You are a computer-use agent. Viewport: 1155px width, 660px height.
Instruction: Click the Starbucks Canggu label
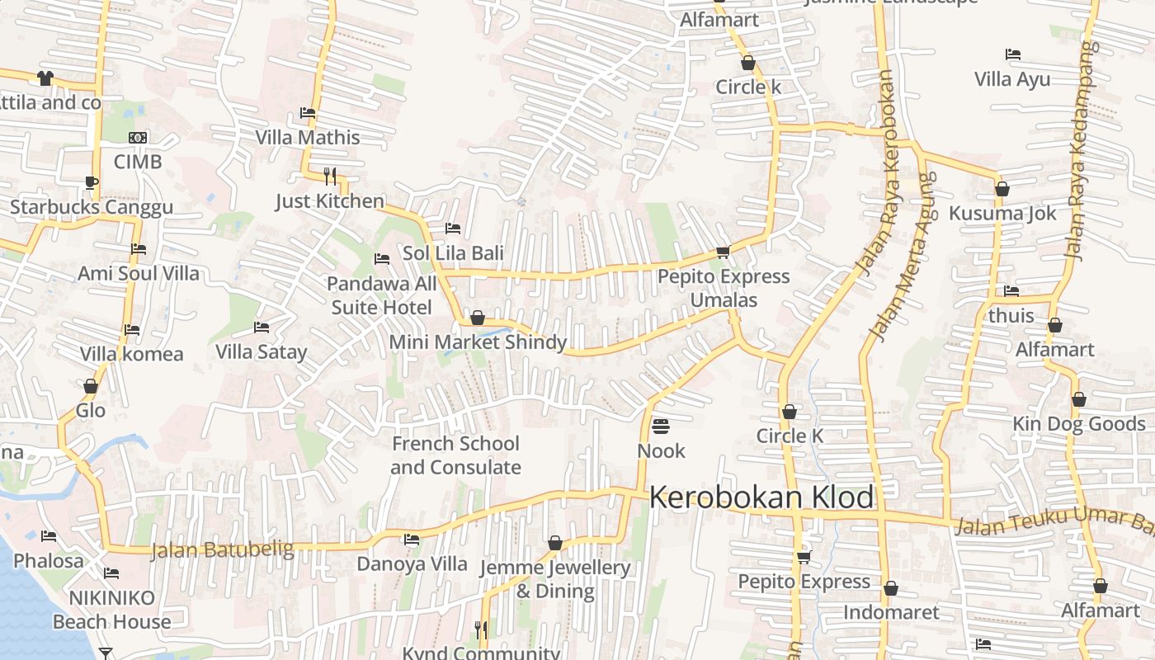tap(92, 207)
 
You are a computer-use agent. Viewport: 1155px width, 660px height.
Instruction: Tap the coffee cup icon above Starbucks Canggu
tap(91, 182)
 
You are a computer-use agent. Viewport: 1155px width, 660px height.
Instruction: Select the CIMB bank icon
tap(138, 137)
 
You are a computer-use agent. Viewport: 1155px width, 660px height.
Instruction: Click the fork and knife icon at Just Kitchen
tap(330, 176)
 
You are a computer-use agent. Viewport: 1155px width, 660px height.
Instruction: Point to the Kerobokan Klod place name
tap(761, 497)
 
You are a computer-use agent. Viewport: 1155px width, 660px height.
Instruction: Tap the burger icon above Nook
tap(661, 427)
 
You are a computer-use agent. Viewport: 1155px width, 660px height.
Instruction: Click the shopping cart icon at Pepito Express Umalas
tap(724, 252)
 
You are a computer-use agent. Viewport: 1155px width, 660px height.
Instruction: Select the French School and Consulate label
tap(455, 455)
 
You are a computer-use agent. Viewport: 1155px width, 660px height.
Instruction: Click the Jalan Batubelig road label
tap(222, 549)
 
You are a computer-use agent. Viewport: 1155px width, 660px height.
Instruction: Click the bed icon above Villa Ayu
tap(1013, 54)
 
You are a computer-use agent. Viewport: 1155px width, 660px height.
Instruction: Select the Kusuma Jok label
tap(1002, 214)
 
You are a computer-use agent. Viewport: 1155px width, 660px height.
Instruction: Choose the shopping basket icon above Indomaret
tap(891, 588)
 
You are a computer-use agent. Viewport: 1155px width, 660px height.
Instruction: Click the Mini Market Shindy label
tap(478, 342)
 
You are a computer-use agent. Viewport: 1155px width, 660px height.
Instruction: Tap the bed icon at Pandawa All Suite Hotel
tap(382, 259)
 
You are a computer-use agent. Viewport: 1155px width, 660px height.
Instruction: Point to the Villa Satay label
tap(261, 352)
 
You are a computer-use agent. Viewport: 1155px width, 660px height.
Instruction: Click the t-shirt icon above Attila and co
tap(45, 78)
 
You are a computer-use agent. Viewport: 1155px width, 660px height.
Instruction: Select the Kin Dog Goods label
tap(1079, 424)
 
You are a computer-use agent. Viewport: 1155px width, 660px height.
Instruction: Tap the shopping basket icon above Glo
tap(91, 386)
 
